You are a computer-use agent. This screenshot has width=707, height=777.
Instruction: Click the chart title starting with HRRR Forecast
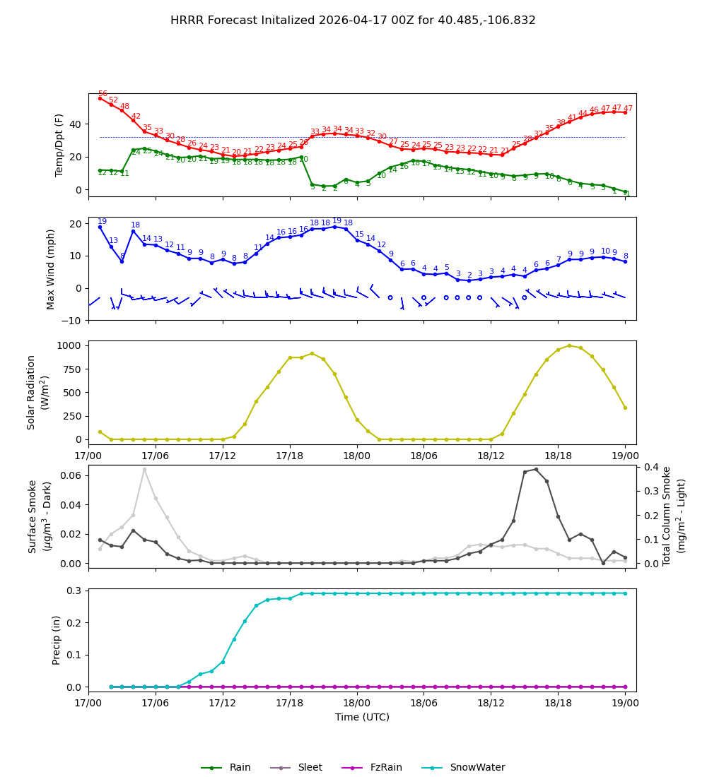click(353, 20)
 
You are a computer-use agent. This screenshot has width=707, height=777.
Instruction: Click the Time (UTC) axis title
click(362, 717)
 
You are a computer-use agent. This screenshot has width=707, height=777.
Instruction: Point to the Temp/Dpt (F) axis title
click(59, 145)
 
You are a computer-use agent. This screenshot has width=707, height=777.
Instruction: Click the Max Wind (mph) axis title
click(51, 268)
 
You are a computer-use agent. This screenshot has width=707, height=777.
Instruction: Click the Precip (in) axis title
click(57, 640)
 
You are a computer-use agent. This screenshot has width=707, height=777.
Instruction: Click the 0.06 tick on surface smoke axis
click(71, 475)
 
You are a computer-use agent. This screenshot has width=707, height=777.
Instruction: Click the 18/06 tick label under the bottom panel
click(423, 703)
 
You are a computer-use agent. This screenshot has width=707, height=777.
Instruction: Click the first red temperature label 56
click(103, 94)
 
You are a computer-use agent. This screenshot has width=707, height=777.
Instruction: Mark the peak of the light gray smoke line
click(144, 469)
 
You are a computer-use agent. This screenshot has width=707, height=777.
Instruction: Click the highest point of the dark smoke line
click(536, 469)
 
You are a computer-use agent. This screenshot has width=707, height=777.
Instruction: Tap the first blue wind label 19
click(103, 222)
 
